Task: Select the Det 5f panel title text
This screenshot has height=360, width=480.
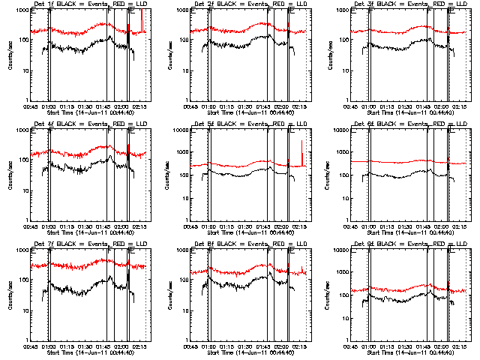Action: click(248, 124)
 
